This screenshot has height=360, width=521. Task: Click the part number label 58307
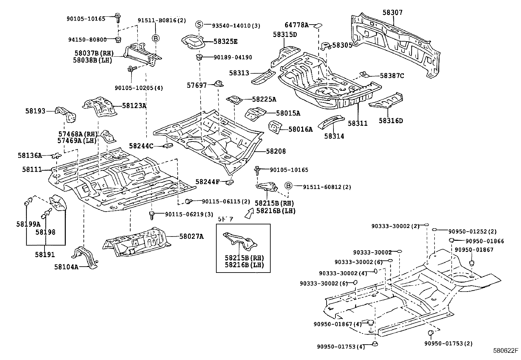(393, 12)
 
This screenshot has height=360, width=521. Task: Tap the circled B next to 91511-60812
(288, 186)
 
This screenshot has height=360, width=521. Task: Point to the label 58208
(276, 151)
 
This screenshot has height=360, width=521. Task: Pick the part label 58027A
(191, 236)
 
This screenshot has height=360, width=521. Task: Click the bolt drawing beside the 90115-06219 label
(152, 215)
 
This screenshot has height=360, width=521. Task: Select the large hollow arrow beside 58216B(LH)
(249, 213)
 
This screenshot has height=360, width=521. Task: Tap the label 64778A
(296, 25)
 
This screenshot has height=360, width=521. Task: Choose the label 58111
(32, 169)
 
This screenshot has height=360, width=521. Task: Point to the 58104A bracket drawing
(84, 257)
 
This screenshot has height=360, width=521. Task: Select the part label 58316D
(391, 121)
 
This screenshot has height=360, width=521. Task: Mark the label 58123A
(134, 105)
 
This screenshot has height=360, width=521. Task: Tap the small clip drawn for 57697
(219, 84)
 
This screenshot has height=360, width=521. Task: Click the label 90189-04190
(233, 57)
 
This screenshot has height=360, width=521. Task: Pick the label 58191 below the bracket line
(45, 255)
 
